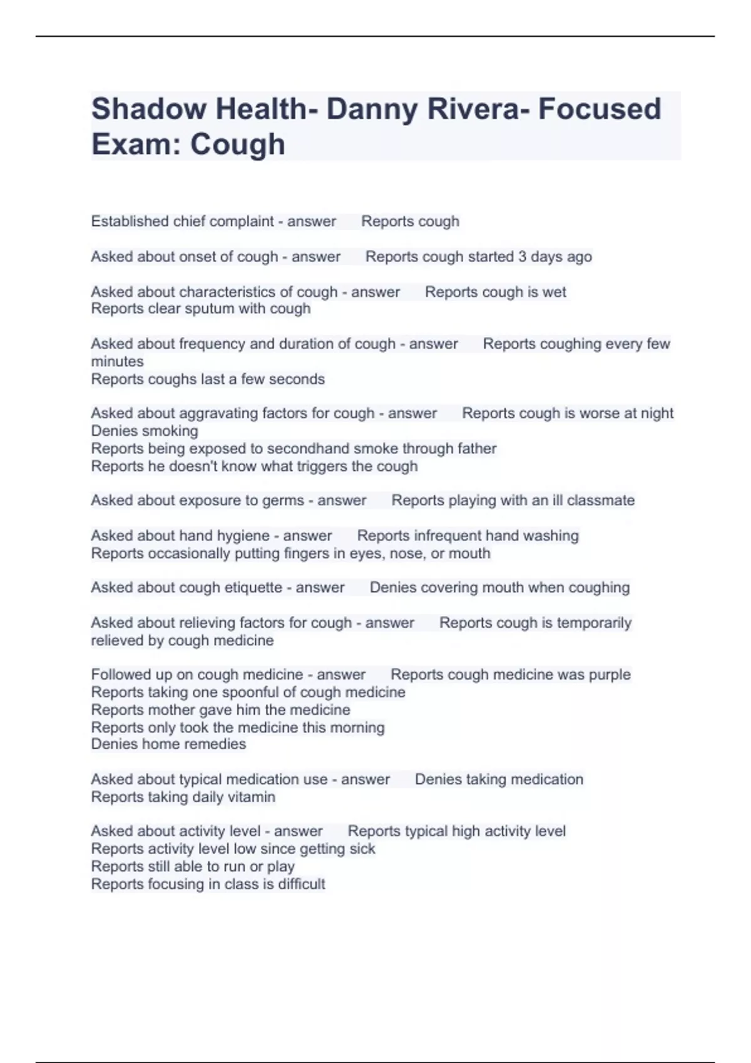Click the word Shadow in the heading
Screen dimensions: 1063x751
[x=149, y=109]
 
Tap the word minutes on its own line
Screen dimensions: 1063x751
[x=117, y=361]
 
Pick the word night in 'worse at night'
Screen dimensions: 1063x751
[x=657, y=413]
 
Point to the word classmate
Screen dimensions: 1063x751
[x=601, y=500]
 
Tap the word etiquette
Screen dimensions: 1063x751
[x=253, y=588]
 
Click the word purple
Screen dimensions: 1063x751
[x=609, y=675]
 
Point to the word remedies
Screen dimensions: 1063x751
[x=219, y=744]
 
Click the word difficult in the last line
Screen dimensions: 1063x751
[x=302, y=884]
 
